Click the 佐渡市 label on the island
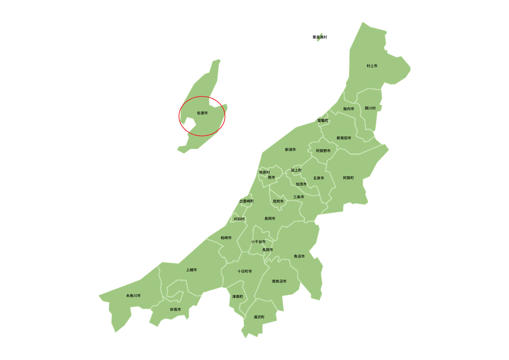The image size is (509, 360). [x=202, y=113]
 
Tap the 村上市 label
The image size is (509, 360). [x=372, y=66]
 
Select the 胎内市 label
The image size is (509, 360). [x=349, y=109]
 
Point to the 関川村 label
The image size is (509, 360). [x=370, y=108]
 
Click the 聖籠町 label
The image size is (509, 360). [x=323, y=121]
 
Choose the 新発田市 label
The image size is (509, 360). [x=344, y=138]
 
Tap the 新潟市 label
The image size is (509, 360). [x=290, y=149]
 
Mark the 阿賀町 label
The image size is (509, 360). [x=348, y=178]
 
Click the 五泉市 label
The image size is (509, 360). [x=319, y=178]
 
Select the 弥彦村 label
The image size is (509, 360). [x=264, y=172]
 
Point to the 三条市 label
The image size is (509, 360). [x=299, y=197]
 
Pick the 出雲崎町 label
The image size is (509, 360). [x=246, y=201]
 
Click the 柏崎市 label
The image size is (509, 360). [x=226, y=238]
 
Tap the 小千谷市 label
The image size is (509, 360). [x=258, y=242]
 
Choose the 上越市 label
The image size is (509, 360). [x=191, y=270]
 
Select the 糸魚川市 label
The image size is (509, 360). [x=133, y=295]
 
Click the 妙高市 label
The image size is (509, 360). [x=176, y=309]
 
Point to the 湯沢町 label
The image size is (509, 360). [x=259, y=317]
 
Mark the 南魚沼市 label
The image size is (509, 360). [x=279, y=281]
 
